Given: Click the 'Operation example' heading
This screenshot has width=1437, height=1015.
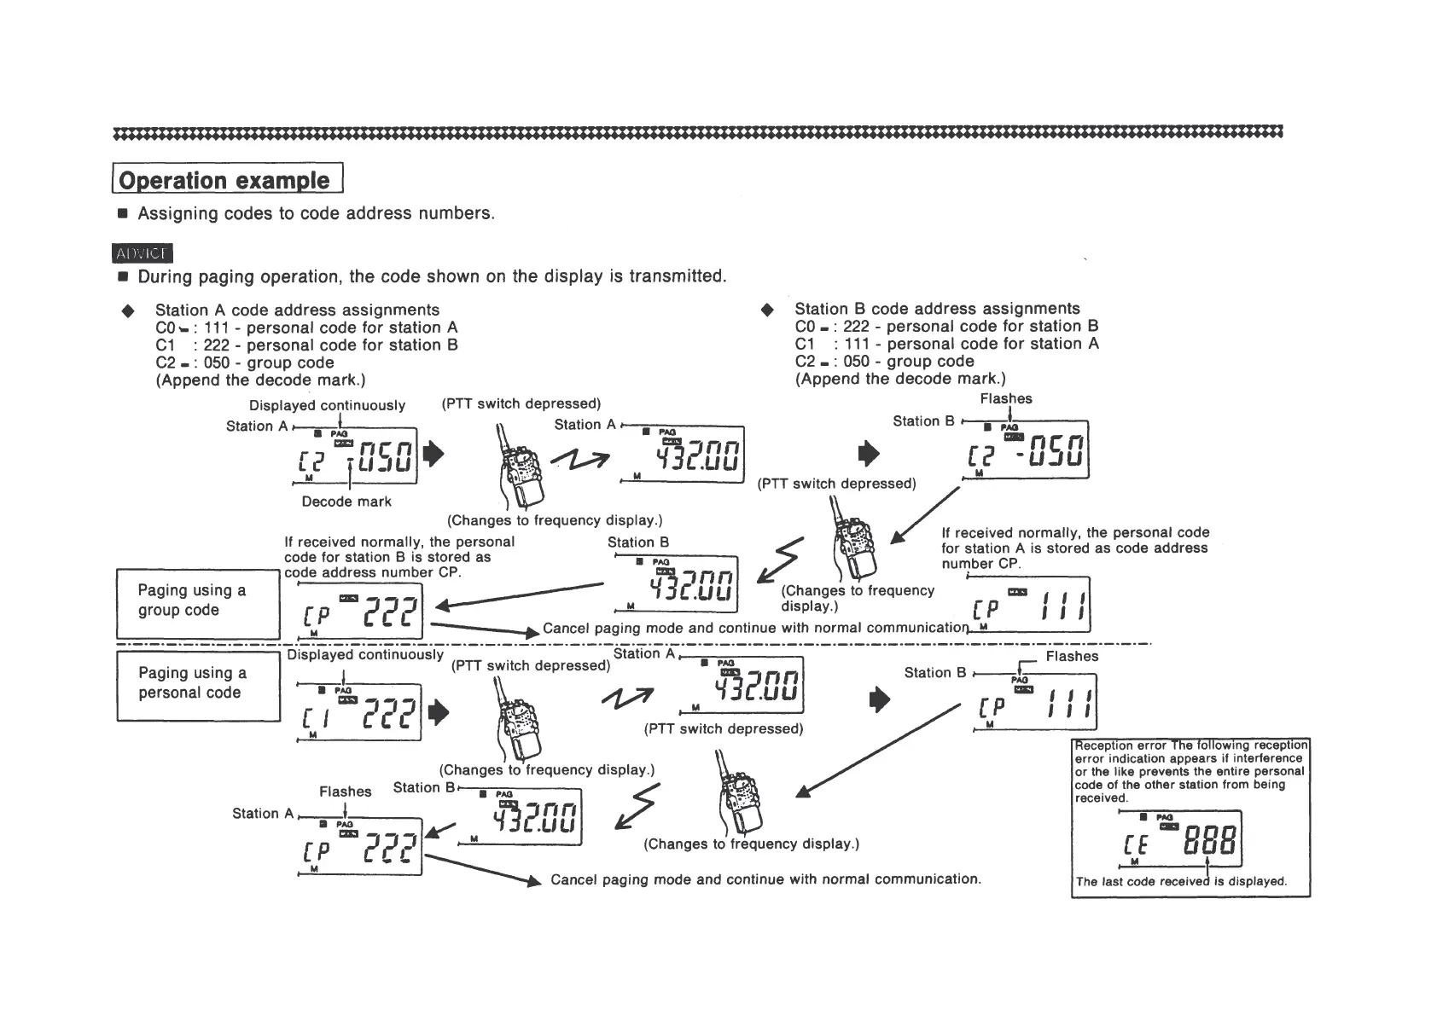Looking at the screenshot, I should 225,180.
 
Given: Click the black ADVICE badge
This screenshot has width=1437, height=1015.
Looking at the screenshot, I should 143,253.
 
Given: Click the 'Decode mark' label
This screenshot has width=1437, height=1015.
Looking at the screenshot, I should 346,502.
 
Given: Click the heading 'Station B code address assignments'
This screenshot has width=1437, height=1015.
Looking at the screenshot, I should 937,309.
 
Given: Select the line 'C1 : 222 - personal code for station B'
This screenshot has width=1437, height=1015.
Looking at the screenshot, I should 307,345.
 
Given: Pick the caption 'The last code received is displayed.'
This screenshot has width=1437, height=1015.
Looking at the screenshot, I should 1181,882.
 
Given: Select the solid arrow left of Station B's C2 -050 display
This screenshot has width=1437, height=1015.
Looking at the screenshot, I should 868,452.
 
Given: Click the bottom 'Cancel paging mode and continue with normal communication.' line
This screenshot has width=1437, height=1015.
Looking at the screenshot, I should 765,879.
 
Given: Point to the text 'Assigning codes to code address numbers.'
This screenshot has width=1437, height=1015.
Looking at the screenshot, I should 316,213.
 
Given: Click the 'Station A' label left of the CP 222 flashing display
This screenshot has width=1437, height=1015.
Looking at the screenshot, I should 262,814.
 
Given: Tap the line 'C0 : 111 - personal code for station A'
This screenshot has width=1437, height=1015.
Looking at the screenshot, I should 307,328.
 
